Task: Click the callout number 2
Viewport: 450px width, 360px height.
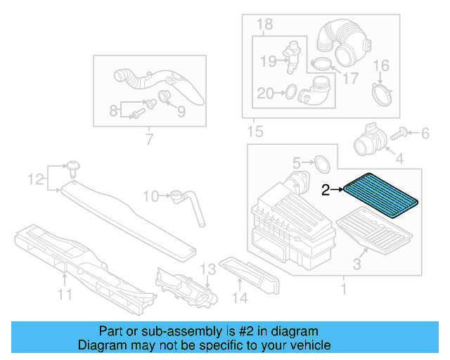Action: [326, 189]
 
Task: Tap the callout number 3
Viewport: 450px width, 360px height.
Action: [356, 264]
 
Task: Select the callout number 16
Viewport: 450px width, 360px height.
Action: [380, 67]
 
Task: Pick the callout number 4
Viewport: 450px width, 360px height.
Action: [399, 160]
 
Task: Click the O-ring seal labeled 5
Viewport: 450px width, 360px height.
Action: [321, 164]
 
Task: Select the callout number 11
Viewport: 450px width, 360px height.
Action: [65, 295]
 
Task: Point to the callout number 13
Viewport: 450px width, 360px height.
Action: [206, 269]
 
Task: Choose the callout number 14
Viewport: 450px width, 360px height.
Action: [240, 297]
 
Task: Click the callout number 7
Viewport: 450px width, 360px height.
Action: [148, 140]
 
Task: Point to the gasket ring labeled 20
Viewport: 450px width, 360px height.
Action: [289, 91]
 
